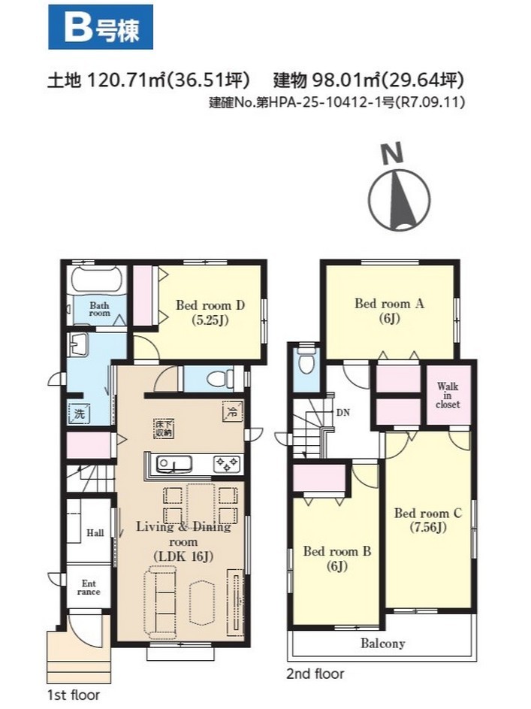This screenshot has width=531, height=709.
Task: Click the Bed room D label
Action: point(210,306)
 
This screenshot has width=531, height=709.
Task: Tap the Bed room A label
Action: point(389,304)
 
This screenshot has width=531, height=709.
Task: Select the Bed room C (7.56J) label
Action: point(428,520)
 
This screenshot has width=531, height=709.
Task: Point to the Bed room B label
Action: point(337,551)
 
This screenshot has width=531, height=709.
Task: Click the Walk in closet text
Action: point(448,395)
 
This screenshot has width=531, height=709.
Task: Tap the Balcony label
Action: point(382,643)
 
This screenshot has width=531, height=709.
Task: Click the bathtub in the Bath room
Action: point(98,280)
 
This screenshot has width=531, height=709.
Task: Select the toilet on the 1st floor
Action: point(219,378)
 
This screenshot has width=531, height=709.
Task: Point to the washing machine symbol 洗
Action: point(80,414)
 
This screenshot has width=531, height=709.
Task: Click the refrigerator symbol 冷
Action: point(232,411)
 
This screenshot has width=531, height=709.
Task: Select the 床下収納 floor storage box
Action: point(164,429)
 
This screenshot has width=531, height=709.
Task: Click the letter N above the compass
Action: point(392,153)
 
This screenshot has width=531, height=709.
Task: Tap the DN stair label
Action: point(342,412)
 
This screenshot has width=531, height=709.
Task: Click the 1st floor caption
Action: point(73,695)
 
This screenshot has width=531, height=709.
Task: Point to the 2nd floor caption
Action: point(315,674)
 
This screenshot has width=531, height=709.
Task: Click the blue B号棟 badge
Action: point(101,27)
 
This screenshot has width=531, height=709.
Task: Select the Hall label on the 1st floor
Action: point(95,532)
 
